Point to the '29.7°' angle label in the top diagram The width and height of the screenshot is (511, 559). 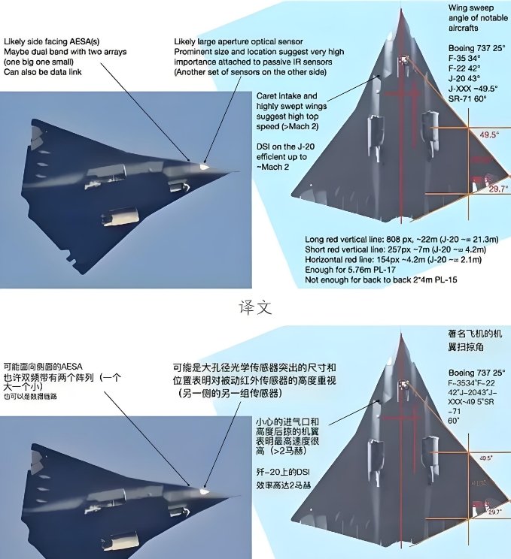pyautogui.click(x=494, y=189)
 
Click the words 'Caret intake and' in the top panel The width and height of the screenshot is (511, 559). pyautogui.click(x=289, y=97)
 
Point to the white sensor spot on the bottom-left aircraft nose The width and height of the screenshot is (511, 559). pyautogui.click(x=204, y=491)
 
